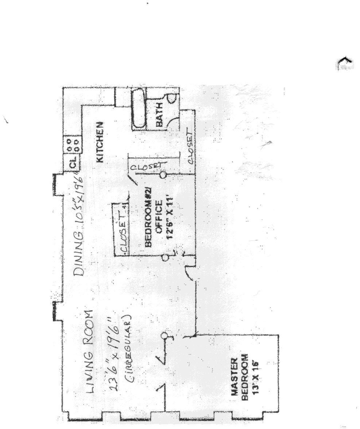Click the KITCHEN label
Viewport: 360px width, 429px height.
[100, 142]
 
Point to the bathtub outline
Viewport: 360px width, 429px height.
[138, 109]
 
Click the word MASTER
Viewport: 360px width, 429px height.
[235, 377]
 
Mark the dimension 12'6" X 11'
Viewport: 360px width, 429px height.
[169, 215]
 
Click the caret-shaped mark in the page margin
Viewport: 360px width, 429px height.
[344, 64]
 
